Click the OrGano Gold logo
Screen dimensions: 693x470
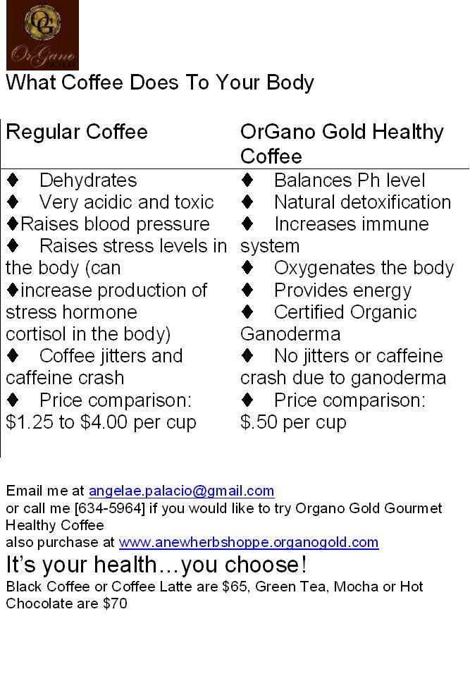(x=42, y=35)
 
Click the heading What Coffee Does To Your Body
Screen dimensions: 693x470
(x=160, y=82)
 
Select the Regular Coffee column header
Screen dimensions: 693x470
(x=77, y=132)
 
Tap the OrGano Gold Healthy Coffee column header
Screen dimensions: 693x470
(x=342, y=143)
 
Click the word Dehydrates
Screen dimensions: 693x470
(x=88, y=180)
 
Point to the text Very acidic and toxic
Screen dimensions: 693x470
(x=126, y=202)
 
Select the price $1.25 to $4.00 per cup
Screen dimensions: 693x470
(x=101, y=422)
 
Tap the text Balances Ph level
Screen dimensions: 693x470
(x=350, y=180)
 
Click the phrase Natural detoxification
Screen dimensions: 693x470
(x=362, y=202)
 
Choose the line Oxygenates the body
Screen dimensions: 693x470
(x=364, y=268)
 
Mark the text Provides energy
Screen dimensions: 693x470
(x=342, y=290)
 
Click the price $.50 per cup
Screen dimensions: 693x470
(x=293, y=422)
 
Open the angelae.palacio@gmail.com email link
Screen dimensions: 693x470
(x=181, y=491)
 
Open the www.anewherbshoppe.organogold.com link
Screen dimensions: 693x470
(x=249, y=542)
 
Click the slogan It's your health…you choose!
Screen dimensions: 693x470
(x=156, y=565)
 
